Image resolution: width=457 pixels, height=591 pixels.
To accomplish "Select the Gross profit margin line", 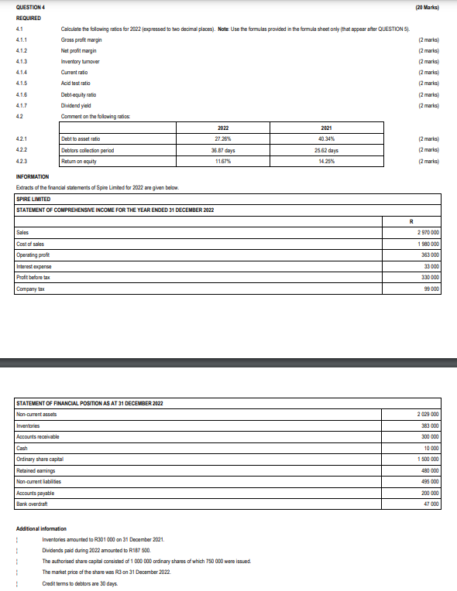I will click(83, 39).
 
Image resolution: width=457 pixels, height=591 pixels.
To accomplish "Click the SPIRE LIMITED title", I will click(33, 199).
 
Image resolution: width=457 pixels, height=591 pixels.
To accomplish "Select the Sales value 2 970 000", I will click(428, 232).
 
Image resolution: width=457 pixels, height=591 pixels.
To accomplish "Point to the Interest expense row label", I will click(33, 265).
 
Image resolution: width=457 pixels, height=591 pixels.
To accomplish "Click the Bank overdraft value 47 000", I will click(431, 504).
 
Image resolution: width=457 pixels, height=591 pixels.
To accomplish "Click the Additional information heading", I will click(43, 528).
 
